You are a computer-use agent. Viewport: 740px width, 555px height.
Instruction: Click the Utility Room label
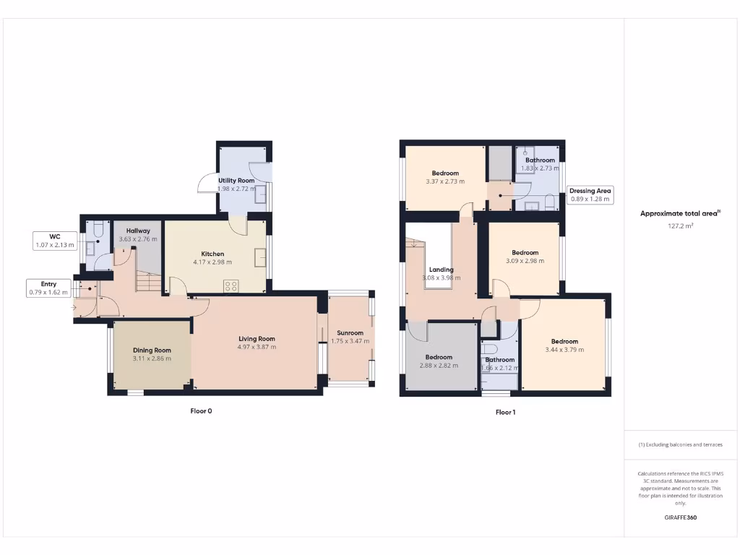(236, 180)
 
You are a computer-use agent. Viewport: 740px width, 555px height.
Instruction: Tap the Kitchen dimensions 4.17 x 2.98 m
(212, 262)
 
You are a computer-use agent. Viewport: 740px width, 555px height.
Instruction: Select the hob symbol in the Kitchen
(232, 285)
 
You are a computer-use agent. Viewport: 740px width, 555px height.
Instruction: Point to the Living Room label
(257, 338)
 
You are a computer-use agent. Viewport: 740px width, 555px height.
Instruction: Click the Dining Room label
(152, 350)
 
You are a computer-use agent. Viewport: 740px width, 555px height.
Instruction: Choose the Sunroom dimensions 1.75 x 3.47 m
(350, 341)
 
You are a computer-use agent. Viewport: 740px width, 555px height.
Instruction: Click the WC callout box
(55, 241)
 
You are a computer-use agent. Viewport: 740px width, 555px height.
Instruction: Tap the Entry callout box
(48, 288)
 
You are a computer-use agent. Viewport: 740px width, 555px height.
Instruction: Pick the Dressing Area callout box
(590, 195)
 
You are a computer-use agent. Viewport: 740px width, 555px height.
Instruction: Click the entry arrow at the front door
(75, 309)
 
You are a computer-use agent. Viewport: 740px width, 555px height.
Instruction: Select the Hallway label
(137, 231)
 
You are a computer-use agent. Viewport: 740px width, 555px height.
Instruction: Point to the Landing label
(441, 270)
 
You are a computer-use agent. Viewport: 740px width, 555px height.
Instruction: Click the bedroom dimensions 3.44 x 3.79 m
(564, 350)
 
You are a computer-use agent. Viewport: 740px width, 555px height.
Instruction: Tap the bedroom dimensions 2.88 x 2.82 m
(439, 366)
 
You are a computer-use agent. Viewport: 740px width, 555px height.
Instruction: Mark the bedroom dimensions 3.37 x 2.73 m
(445, 181)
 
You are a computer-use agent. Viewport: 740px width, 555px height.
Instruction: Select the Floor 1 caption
(505, 413)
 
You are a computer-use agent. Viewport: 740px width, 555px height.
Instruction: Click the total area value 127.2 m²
(680, 225)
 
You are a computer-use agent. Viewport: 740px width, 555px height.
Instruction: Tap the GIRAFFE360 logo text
(680, 517)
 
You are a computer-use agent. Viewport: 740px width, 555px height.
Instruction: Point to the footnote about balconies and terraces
(680, 444)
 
